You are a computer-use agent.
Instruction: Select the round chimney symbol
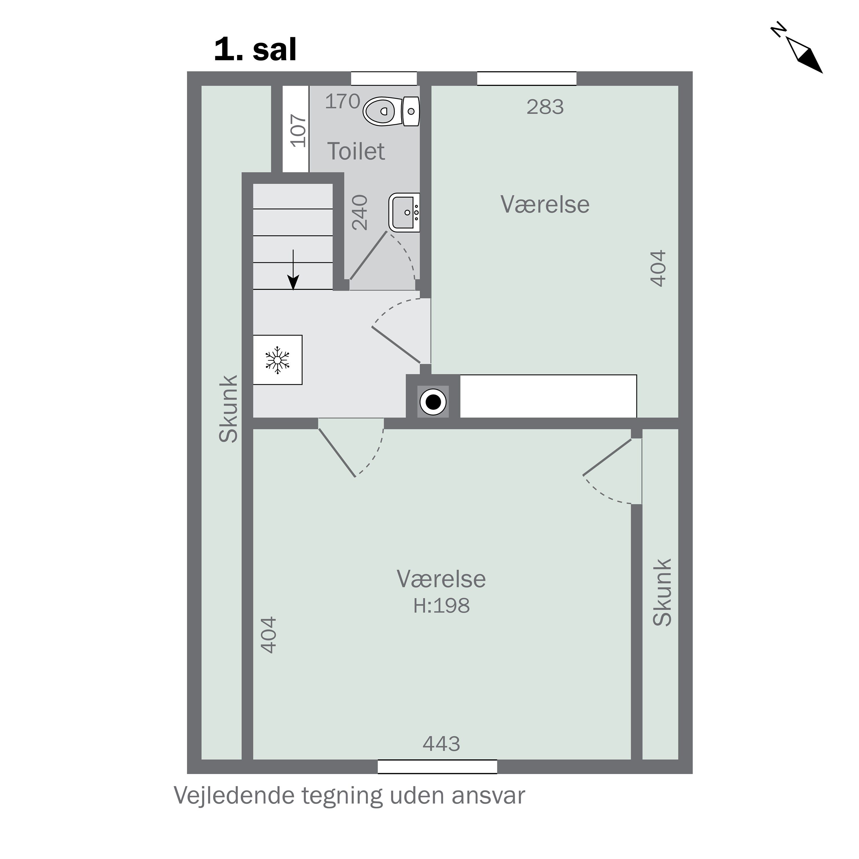433,402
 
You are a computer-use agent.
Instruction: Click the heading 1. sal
255,50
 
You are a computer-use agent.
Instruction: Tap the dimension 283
545,107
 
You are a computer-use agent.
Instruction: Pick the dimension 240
360,212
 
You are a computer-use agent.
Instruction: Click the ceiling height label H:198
441,606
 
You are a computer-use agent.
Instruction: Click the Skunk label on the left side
228,409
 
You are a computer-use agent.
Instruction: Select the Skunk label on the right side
662,593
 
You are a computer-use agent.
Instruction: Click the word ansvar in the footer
488,796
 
